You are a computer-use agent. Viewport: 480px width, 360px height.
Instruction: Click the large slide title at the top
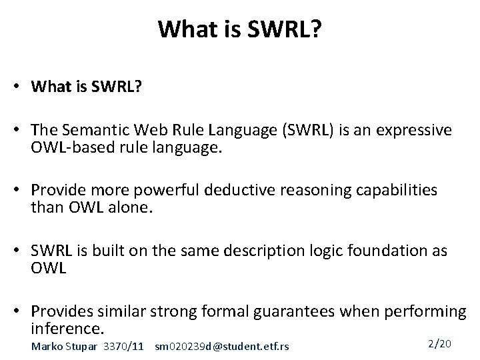(x=239, y=29)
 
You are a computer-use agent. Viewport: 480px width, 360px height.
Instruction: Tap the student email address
(x=221, y=346)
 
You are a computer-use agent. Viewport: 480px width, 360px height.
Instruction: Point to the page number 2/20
(x=439, y=343)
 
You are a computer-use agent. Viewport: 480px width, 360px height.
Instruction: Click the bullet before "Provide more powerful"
(x=21, y=191)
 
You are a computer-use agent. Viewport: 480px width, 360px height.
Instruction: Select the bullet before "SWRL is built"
(x=21, y=252)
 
